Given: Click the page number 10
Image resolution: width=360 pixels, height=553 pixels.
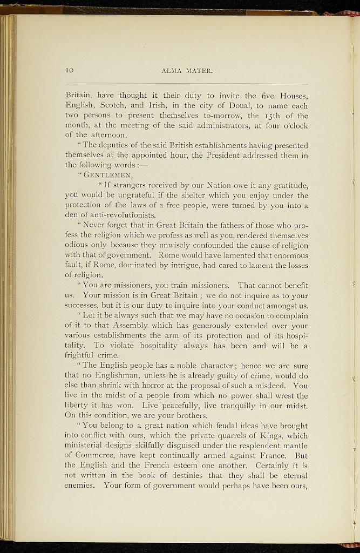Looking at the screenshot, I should (x=69, y=70).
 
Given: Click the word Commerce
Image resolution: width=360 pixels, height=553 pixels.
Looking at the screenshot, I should (x=96, y=455).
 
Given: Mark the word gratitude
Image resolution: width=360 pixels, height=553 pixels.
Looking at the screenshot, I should (x=287, y=185).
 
